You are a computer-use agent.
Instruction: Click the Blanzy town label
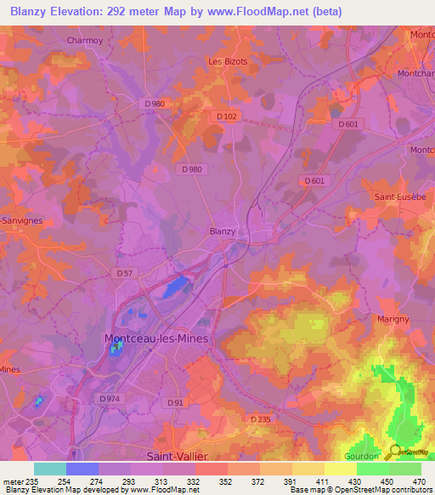[x=222, y=230]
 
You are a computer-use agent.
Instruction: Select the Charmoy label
[x=84, y=40]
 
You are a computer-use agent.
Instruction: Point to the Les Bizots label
[x=227, y=61]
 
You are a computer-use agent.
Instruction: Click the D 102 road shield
[x=226, y=117]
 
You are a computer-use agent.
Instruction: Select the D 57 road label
[x=123, y=273]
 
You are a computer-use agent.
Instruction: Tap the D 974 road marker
[x=109, y=398]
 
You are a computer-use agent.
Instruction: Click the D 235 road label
[x=260, y=419]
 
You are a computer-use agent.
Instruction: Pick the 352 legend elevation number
[x=225, y=480]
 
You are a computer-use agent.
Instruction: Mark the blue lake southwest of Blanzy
[x=177, y=287]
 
